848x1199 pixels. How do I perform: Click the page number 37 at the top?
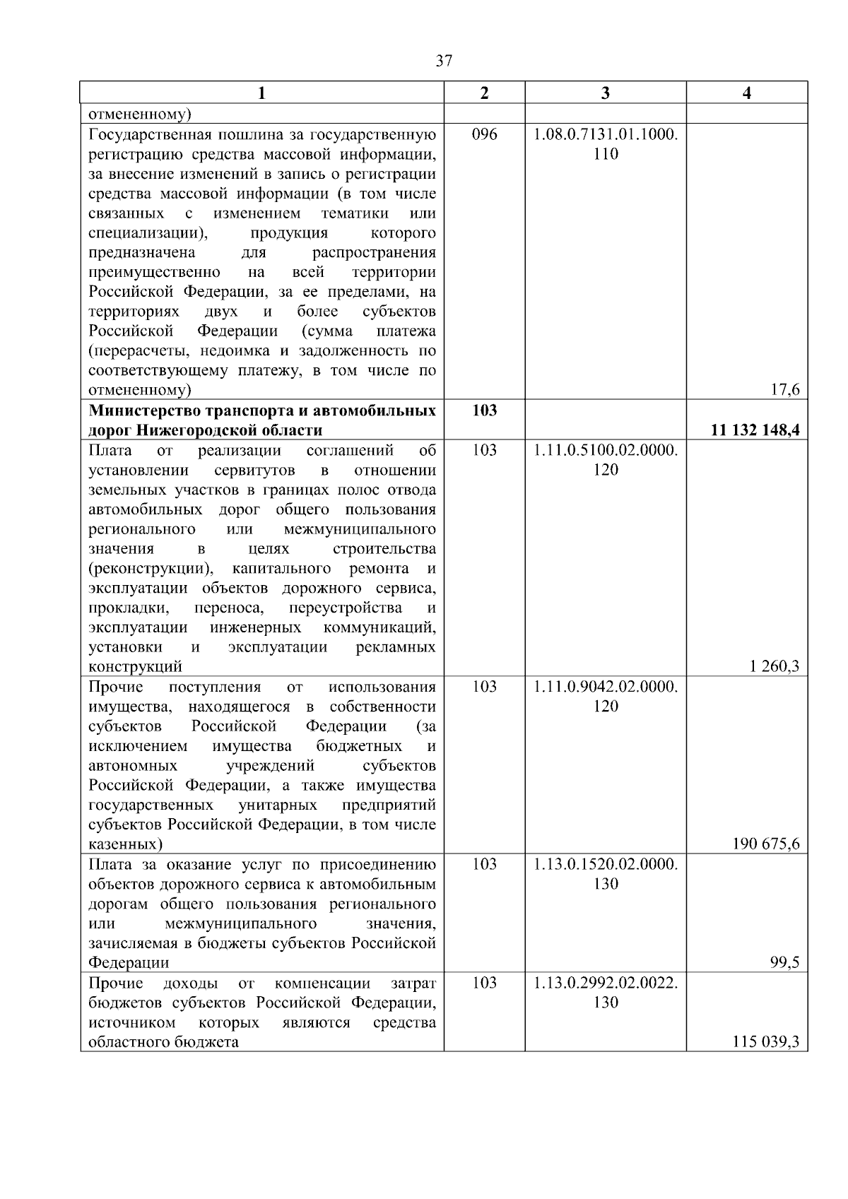(x=444, y=61)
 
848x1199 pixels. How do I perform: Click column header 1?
(x=261, y=93)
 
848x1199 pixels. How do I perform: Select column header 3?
(x=606, y=93)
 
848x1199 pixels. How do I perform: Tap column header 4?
(x=747, y=93)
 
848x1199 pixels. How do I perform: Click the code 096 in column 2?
(x=484, y=134)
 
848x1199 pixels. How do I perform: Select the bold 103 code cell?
(x=484, y=410)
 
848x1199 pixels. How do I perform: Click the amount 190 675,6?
(x=766, y=844)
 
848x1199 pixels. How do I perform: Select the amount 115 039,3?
(x=766, y=1041)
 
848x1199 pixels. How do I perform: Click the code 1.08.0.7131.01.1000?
(x=606, y=134)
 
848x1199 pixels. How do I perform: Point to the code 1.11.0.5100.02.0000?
(x=606, y=450)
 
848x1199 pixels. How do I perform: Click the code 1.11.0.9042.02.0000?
(x=606, y=687)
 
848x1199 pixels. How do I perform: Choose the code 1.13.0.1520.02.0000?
(x=606, y=864)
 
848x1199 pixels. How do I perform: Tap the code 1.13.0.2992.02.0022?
(x=606, y=983)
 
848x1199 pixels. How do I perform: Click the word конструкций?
(x=135, y=666)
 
